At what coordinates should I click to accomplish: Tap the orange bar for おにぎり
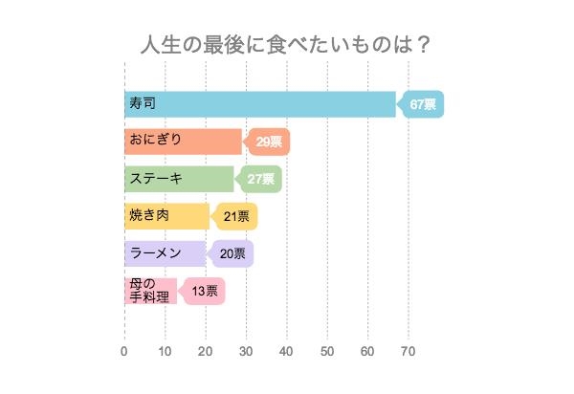pos(183,142)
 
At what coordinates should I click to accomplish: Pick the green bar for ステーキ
pos(179,179)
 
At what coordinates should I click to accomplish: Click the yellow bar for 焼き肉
pos(166,216)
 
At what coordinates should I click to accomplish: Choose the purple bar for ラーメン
pos(165,253)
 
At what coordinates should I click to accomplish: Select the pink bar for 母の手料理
pos(150,291)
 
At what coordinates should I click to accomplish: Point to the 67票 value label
pos(422,104)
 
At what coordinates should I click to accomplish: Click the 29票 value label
pos(269,142)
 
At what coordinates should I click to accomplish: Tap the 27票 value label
pos(260,179)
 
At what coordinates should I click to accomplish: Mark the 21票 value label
pos(235,216)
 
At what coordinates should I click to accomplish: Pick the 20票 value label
pos(232,253)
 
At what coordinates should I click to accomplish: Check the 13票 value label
pos(204,291)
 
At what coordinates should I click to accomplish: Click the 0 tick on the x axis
pos(124,351)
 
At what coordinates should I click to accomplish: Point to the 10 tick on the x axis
pos(165,351)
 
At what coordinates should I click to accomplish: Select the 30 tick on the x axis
pos(246,351)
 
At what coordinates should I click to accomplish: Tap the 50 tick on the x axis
pos(327,351)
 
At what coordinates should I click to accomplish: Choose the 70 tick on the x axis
pos(408,351)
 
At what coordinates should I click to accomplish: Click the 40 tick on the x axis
pos(287,351)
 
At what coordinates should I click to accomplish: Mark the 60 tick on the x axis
pos(368,351)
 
